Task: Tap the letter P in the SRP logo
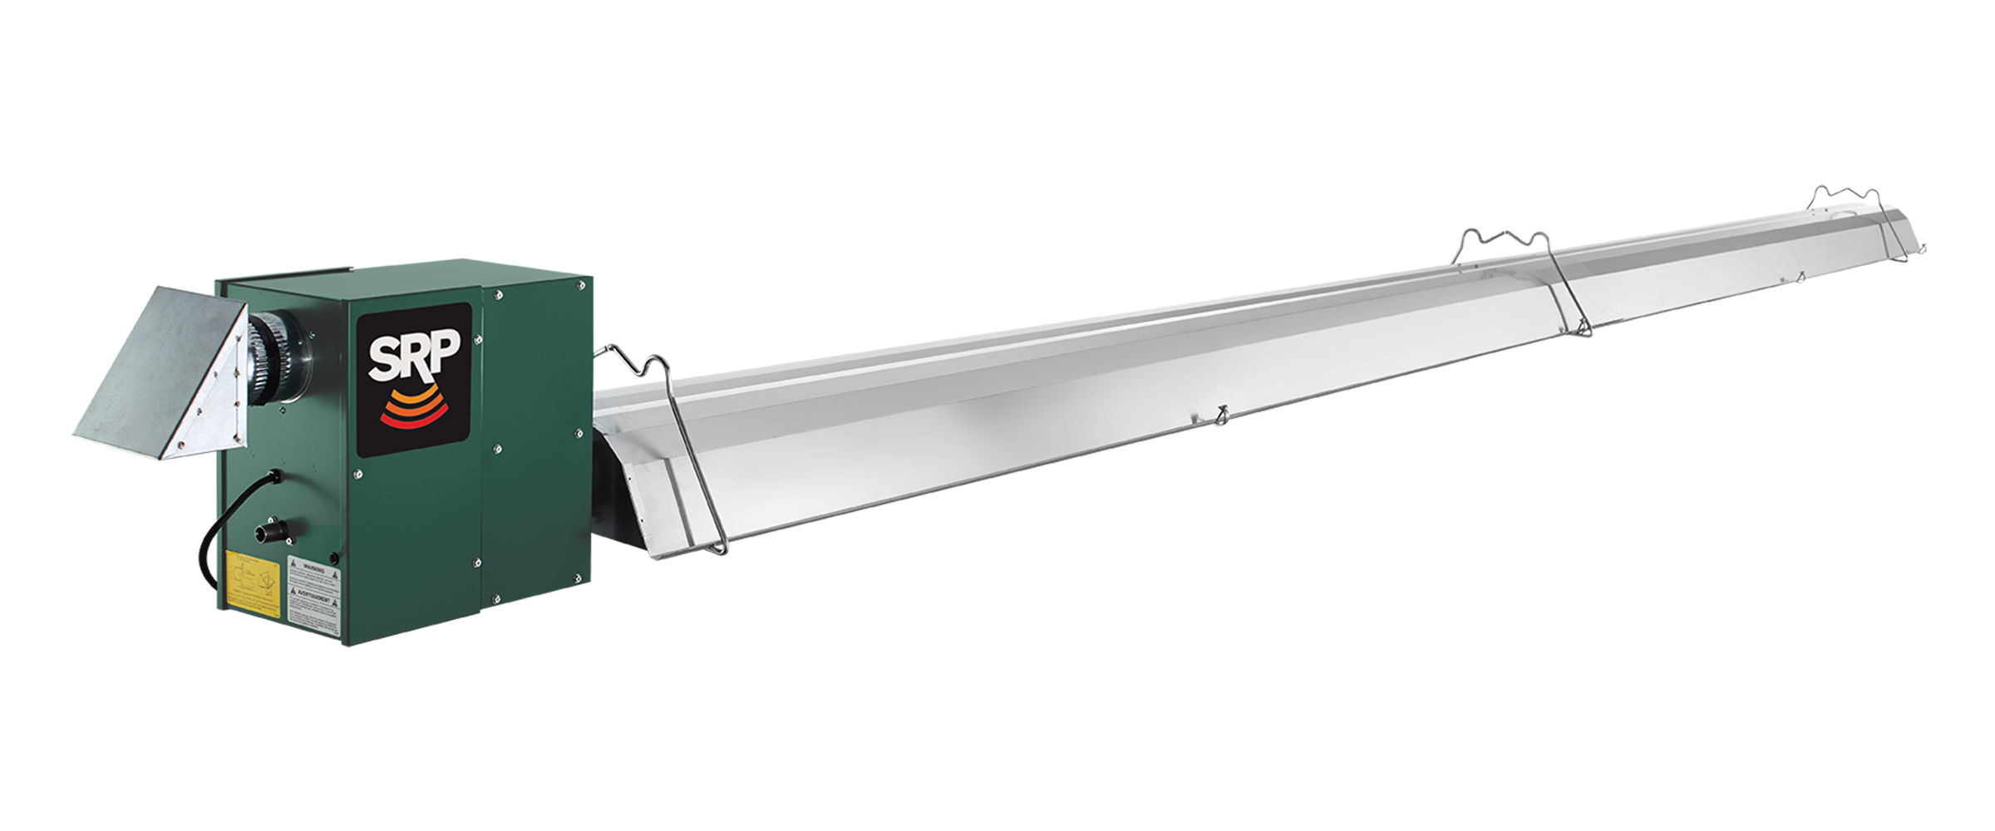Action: coord(442,351)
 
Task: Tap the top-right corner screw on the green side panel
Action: coord(580,286)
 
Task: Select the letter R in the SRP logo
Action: coord(413,356)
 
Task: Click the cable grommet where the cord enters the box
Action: coord(273,478)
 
